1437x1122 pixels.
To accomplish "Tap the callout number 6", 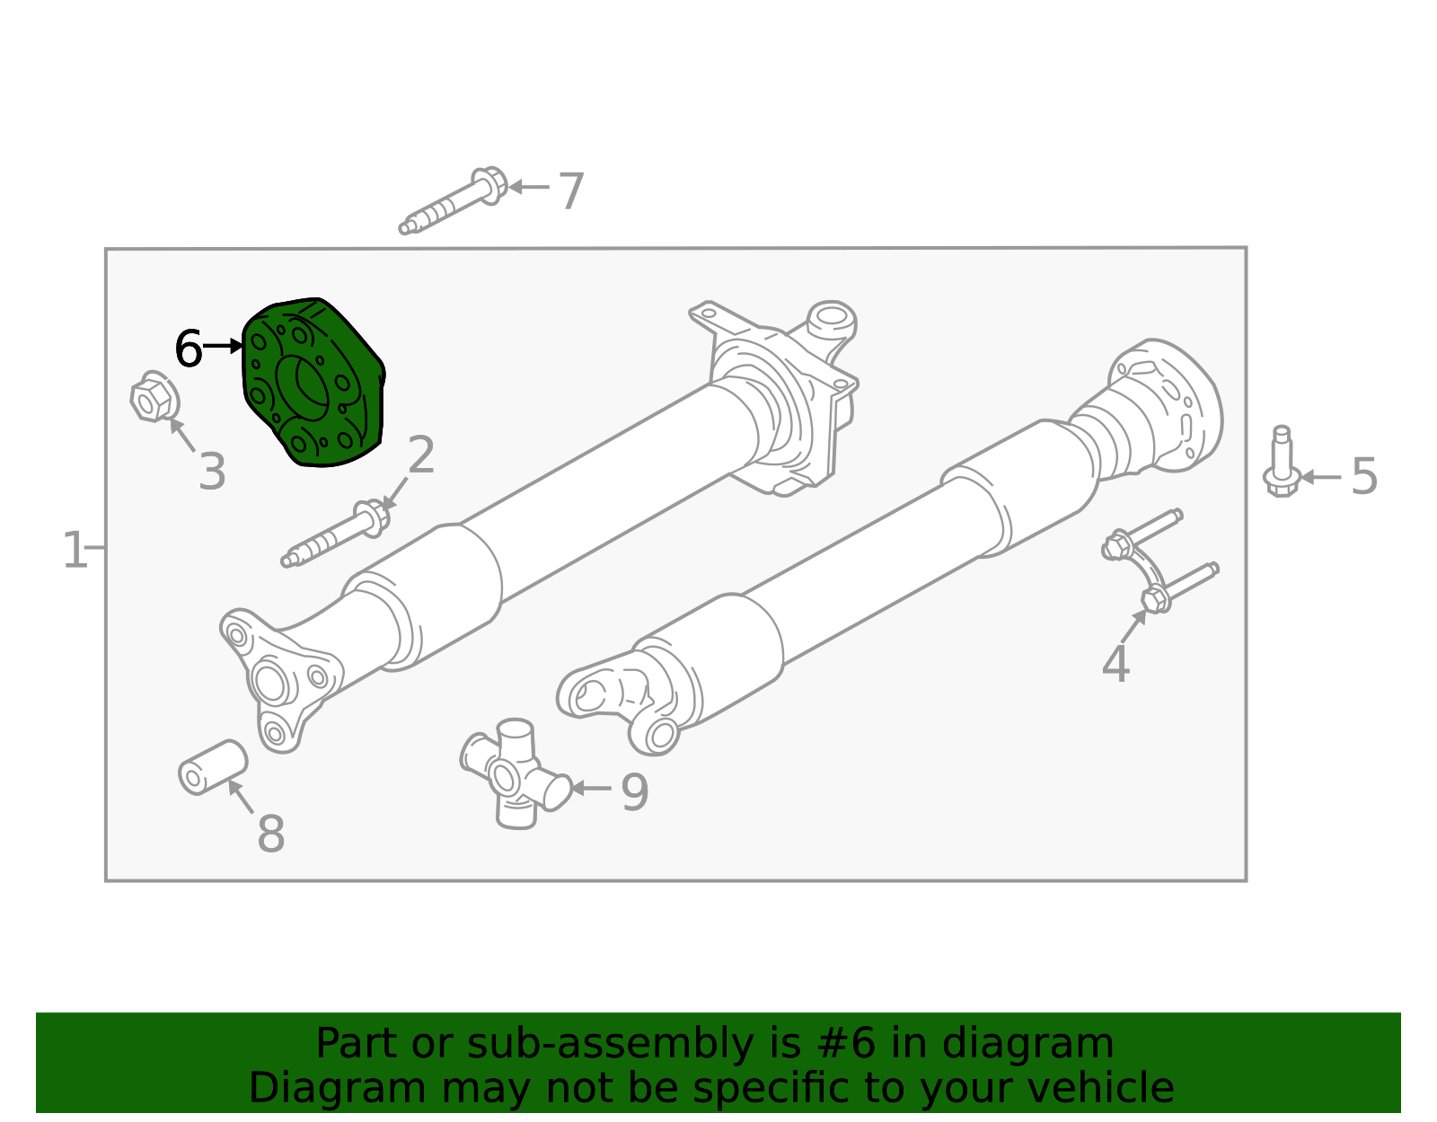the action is [188, 349].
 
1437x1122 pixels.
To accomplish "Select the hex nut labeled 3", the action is [154, 396].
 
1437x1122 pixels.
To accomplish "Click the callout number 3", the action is [212, 472].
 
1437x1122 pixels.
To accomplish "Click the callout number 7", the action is [570, 191].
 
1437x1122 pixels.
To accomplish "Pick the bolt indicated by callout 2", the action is [335, 534].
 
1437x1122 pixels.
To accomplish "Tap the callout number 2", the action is [421, 455].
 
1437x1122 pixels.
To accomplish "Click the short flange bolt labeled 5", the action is [1282, 462].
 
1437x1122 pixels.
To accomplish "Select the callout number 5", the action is [1364, 476].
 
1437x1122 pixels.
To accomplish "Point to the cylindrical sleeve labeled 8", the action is [213, 768].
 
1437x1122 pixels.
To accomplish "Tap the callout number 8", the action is [271, 834].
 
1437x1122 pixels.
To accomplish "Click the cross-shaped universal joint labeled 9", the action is [516, 774].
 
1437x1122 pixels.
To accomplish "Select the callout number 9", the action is [635, 792].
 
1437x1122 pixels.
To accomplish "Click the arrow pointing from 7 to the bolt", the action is [529, 187].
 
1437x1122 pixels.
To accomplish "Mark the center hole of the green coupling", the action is [304, 388].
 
